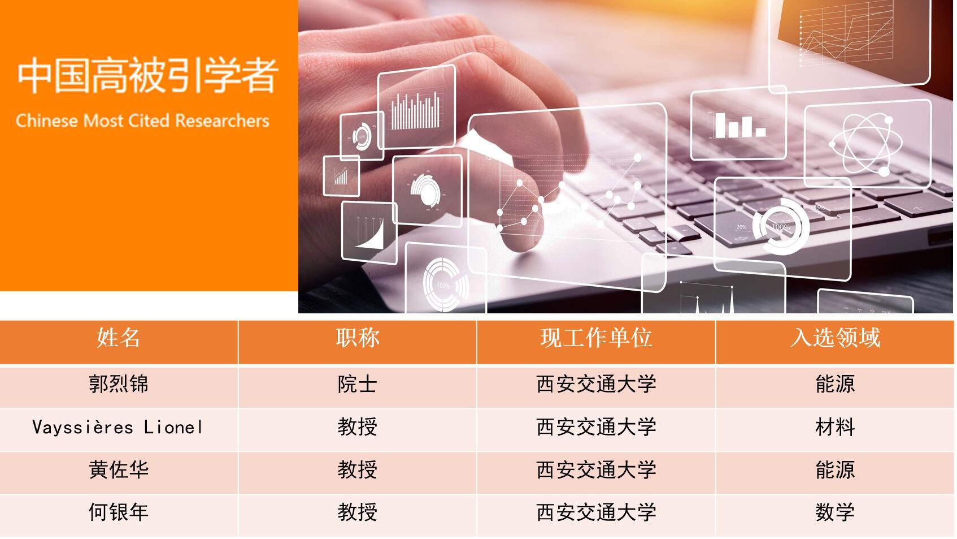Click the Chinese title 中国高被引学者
[x=148, y=76]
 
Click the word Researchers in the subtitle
[x=222, y=120]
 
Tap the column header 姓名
[x=118, y=338]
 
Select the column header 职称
[x=358, y=338]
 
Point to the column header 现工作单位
[x=596, y=338]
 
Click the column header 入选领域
[x=835, y=338]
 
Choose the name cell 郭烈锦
[x=118, y=383]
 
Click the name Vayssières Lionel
[x=118, y=427]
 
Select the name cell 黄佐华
[x=118, y=469]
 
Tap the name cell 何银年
[x=118, y=512]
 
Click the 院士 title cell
[x=358, y=383]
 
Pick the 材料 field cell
[x=835, y=427]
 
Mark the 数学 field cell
[x=835, y=512]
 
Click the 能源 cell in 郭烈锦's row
[x=835, y=383]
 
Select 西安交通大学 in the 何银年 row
[x=596, y=512]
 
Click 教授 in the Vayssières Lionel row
[x=358, y=427]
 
